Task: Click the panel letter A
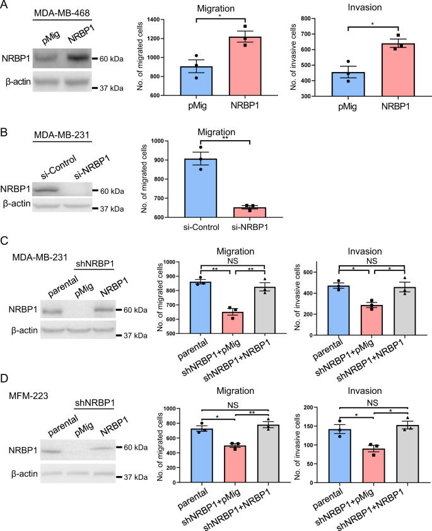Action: pyautogui.click(x=5, y=8)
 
